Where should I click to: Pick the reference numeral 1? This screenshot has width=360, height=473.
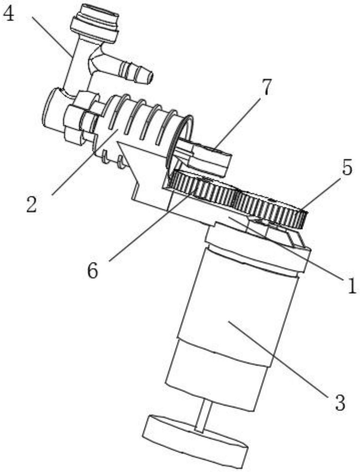point(352,286)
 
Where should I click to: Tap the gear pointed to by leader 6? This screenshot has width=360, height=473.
point(202,189)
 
